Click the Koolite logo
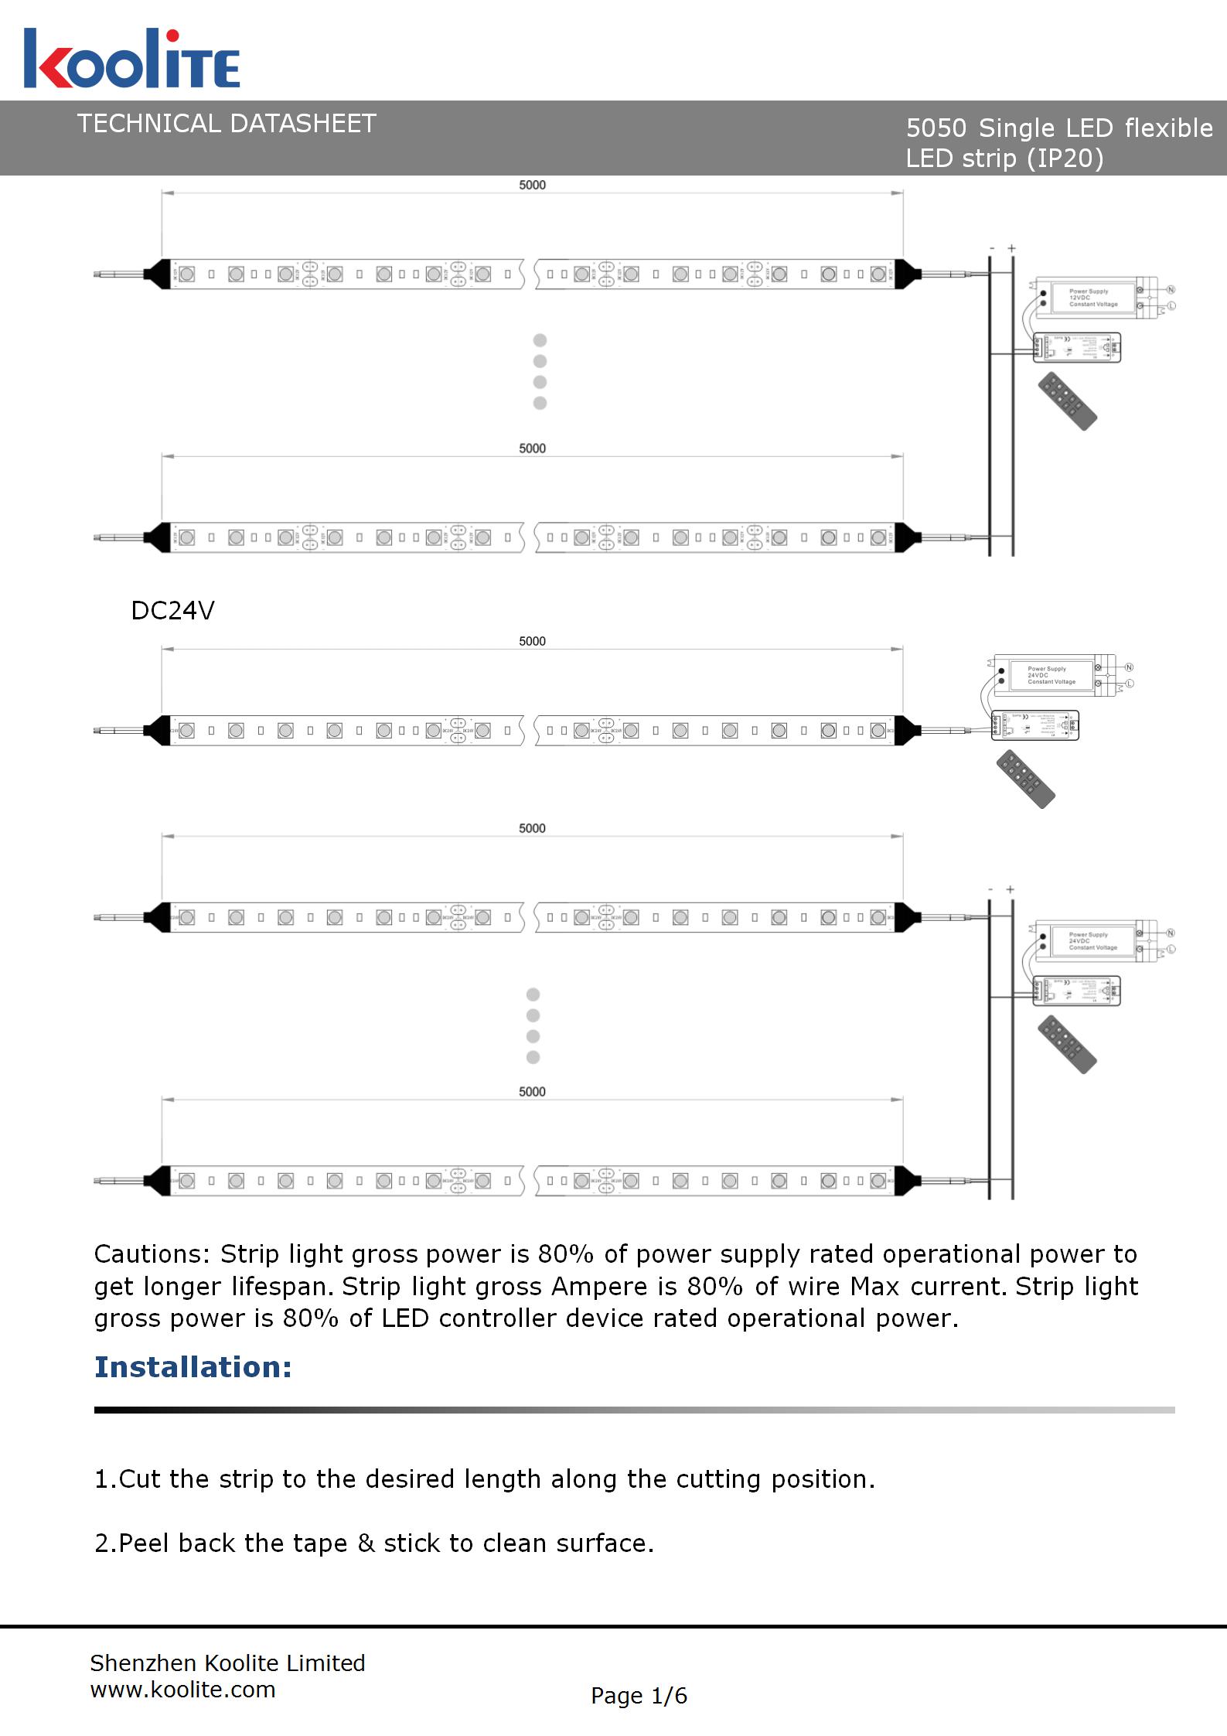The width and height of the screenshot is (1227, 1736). coord(131,59)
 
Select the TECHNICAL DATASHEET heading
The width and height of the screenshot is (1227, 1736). coord(227,124)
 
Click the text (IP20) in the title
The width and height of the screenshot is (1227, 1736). coord(1065,159)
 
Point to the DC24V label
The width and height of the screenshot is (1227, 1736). coord(172,611)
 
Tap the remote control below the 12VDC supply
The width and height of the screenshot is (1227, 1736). coord(1068,401)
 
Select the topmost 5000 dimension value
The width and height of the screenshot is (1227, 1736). coord(532,185)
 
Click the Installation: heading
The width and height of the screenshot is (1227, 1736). coord(193,1367)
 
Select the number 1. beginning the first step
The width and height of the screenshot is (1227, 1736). coord(105,1479)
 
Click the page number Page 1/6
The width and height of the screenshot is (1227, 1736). coord(639,1696)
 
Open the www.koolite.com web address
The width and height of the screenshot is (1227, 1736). coord(182,1690)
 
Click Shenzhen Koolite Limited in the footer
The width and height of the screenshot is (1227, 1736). coord(227,1663)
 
